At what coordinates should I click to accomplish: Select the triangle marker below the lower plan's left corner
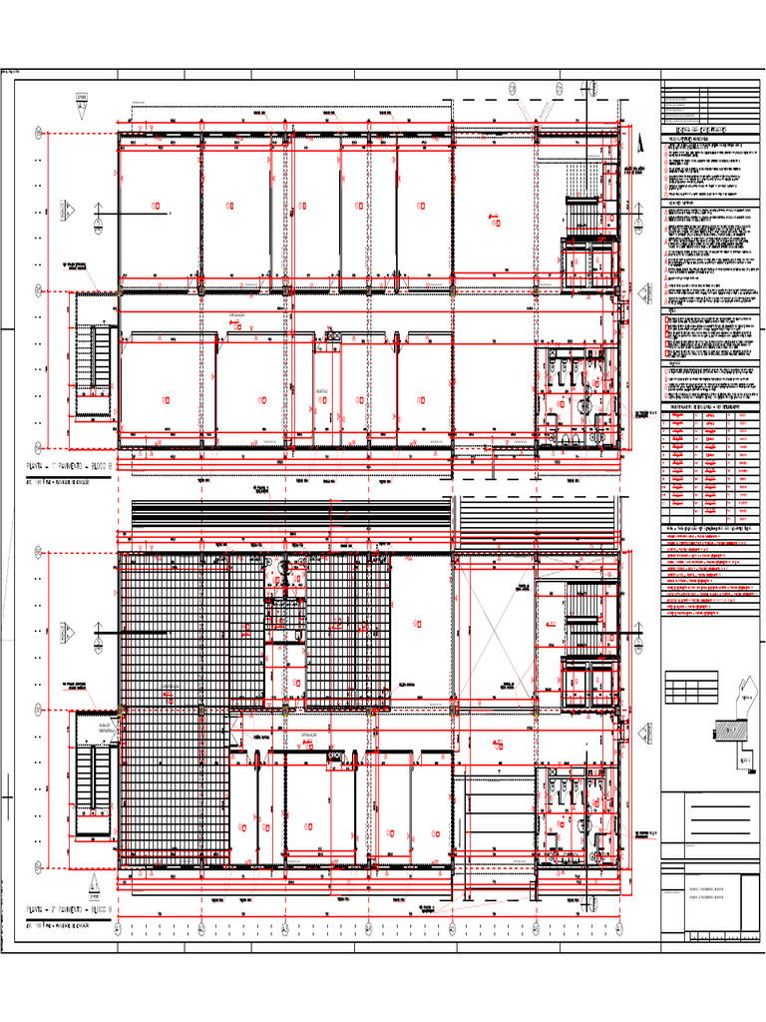[x=92, y=884]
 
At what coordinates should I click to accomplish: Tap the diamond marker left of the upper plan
[x=69, y=211]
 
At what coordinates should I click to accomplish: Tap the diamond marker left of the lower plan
[x=69, y=632]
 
